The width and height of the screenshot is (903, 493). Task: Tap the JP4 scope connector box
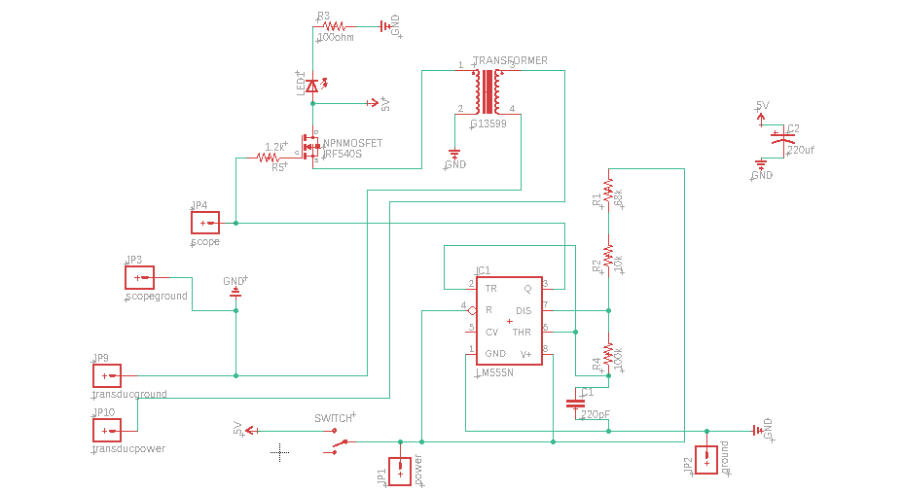tap(205, 223)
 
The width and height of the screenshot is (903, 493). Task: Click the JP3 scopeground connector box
tap(139, 277)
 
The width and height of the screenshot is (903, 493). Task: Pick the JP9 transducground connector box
tap(106, 375)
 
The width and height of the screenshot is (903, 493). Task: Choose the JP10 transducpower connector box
tap(106, 429)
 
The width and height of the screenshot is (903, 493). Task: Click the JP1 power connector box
tap(400, 470)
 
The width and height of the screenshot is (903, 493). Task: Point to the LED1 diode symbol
tap(312, 87)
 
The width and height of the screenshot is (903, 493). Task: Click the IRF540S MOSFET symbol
tap(310, 147)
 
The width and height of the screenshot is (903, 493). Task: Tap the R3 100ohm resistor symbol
tap(335, 27)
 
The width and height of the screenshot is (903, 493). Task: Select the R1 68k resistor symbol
tap(608, 191)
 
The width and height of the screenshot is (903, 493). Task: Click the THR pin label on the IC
tap(522, 332)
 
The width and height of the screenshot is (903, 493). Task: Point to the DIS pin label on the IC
tap(523, 310)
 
